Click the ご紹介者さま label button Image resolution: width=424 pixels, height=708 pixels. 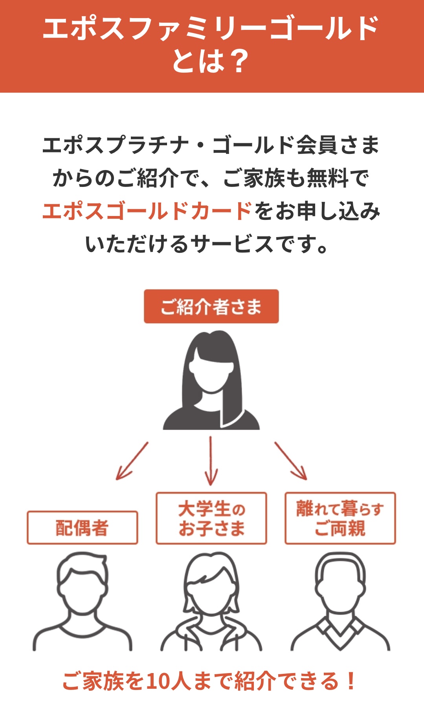coord(211,306)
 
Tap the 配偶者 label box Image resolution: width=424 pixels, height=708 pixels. coord(82,527)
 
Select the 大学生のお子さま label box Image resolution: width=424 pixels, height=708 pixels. coord(211,518)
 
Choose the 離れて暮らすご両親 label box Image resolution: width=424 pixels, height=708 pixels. coord(340,518)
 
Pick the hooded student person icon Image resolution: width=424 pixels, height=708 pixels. coord(211,601)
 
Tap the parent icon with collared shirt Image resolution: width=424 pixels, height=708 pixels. coord(340,601)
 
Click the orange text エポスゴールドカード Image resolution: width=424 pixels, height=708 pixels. coord(147,211)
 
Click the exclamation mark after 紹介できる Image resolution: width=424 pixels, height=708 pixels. coord(351,681)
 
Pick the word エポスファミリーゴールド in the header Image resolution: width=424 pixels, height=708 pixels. coord(211,28)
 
